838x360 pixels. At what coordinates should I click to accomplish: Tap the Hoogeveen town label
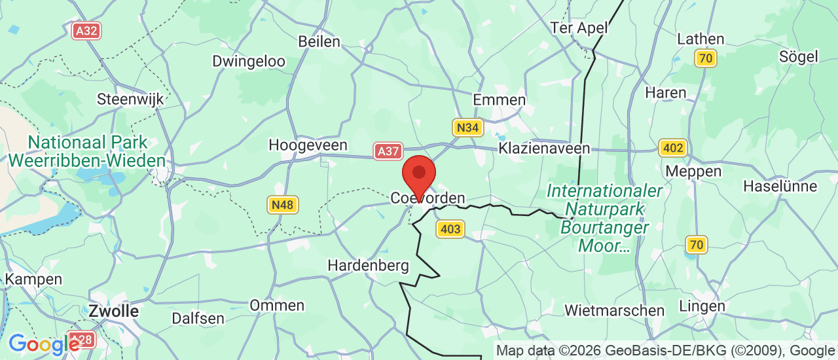308,145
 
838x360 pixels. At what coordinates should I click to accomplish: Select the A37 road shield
388,151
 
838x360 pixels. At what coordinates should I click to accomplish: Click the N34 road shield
467,128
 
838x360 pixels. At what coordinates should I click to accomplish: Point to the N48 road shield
283,205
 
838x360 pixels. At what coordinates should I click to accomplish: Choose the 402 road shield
672,148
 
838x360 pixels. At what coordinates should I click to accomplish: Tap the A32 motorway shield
86,30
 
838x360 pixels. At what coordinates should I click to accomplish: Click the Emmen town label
500,100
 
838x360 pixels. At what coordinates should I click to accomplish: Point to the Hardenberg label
368,266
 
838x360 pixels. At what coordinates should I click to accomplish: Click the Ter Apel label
579,28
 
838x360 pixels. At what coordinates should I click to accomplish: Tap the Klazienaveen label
544,149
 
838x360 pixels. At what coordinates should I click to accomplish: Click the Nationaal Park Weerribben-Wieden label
87,151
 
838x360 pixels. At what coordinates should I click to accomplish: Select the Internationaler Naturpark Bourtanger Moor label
604,219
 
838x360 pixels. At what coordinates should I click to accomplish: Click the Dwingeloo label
249,62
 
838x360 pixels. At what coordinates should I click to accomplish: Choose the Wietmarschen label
614,310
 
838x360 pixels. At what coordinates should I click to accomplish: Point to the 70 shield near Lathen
706,58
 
